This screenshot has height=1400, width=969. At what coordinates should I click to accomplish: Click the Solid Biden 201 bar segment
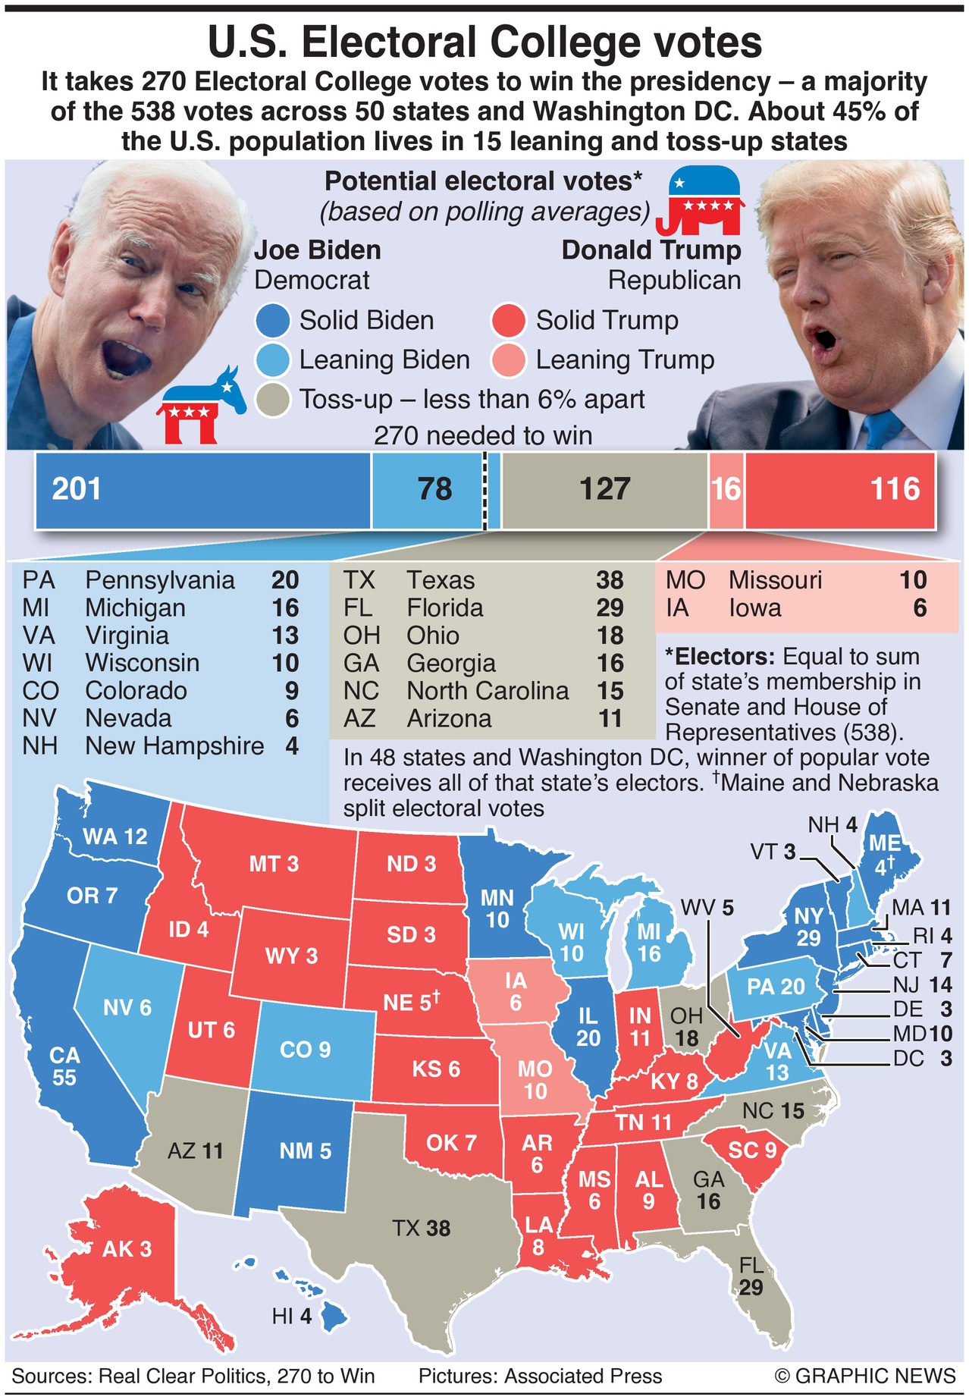[203, 490]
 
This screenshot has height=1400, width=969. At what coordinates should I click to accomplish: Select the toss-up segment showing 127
[604, 490]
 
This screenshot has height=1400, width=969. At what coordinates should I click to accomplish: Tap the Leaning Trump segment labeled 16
[726, 490]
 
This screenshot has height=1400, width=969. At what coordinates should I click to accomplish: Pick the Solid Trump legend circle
[508, 321]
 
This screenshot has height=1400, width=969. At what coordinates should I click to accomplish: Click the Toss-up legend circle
[273, 400]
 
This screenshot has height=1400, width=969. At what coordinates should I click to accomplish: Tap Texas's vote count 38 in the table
[610, 580]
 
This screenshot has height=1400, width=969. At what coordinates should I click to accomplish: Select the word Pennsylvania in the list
[159, 580]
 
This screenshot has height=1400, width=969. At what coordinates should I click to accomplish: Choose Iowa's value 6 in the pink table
[919, 608]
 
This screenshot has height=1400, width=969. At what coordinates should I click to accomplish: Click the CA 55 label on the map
[64, 1066]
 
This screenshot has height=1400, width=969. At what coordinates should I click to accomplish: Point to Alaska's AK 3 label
[127, 1249]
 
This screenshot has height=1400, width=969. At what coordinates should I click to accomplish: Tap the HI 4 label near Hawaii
[292, 1316]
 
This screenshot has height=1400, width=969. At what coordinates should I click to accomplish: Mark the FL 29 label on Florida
[751, 1276]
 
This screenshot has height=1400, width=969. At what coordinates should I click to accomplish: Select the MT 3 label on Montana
[274, 864]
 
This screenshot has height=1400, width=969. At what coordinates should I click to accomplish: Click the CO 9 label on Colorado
[305, 1050]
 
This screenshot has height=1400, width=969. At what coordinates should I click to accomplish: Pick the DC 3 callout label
[922, 1059]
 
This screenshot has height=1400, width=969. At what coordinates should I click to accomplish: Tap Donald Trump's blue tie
[880, 430]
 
